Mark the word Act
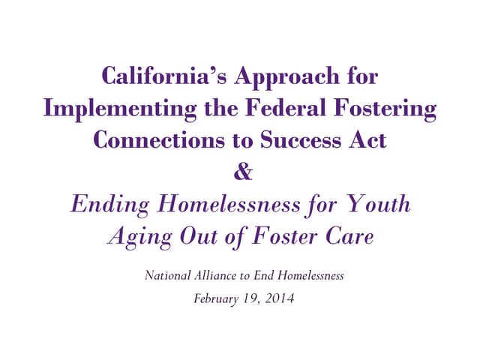pyautogui.click(x=368, y=140)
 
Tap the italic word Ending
pyautogui.click(x=106, y=204)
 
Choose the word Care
pyautogui.click(x=348, y=235)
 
